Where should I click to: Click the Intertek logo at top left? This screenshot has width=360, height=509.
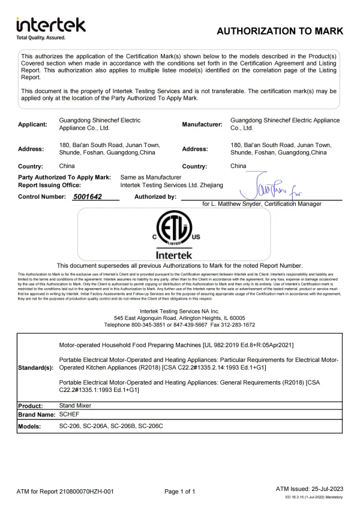(x=51, y=25)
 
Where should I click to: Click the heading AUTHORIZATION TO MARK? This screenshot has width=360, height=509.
(x=279, y=31)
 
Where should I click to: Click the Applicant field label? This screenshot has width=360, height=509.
(x=32, y=124)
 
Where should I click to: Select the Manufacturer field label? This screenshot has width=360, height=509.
(x=202, y=124)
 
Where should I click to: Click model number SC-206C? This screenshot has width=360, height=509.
(x=150, y=426)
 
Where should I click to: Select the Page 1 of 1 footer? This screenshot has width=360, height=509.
(x=179, y=492)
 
